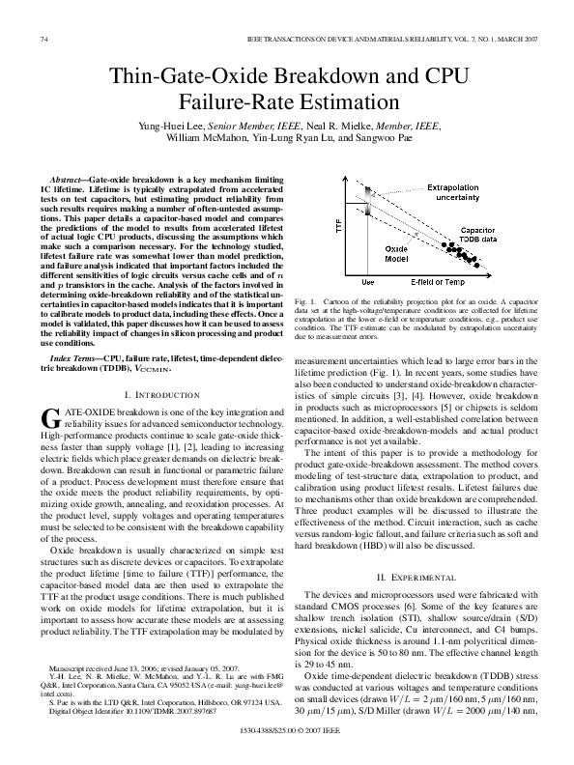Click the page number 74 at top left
[43, 39]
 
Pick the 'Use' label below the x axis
[367, 281]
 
